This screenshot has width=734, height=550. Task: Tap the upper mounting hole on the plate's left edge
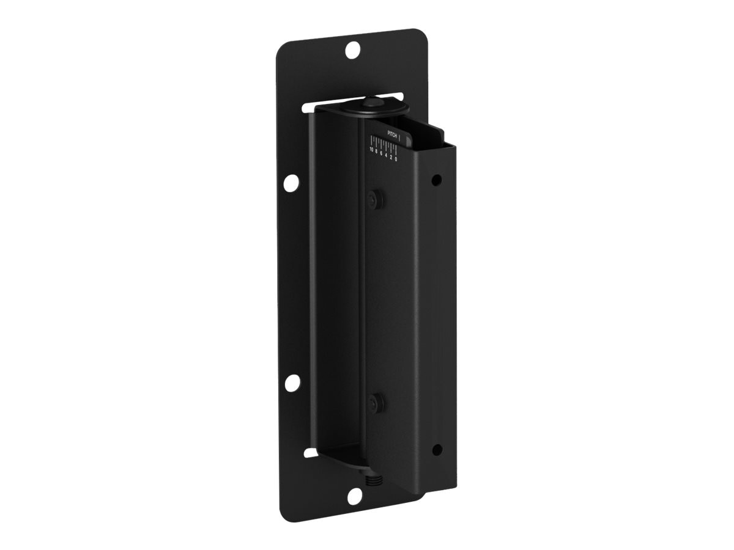pyautogui.click(x=292, y=182)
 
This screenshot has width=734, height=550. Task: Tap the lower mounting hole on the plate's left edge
pyautogui.click(x=292, y=383)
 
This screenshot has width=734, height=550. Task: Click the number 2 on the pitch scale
pyautogui.click(x=391, y=158)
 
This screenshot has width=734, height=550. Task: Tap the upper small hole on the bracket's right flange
pyautogui.click(x=436, y=181)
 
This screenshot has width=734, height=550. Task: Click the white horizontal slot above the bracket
pyautogui.click(x=355, y=98)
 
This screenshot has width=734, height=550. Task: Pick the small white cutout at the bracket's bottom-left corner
pyautogui.click(x=311, y=452)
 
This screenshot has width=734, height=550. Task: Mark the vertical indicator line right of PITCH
pyautogui.click(x=399, y=137)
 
